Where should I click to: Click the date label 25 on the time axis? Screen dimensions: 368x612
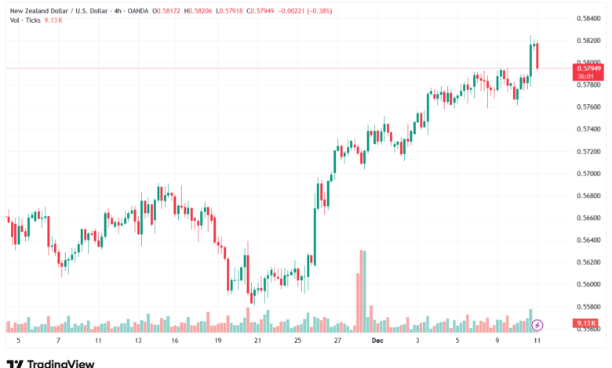click(x=297, y=341)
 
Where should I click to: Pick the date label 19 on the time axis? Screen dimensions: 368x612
click(x=217, y=341)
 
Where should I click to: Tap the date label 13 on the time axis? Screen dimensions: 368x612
click(x=138, y=341)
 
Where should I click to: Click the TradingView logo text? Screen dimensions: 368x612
click(x=61, y=363)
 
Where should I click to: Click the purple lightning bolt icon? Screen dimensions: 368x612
click(x=537, y=324)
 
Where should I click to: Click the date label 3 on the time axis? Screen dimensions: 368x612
click(x=417, y=341)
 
